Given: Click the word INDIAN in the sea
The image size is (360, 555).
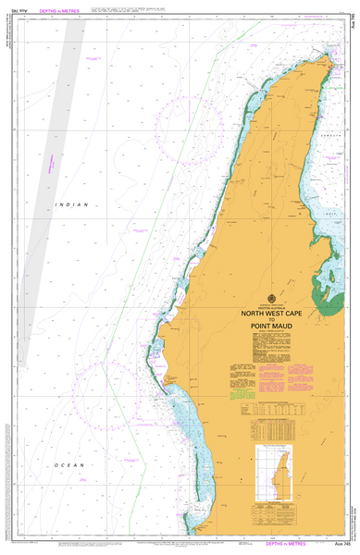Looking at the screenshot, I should tap(68, 203).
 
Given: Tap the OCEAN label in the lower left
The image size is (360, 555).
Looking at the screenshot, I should tap(69, 464).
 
